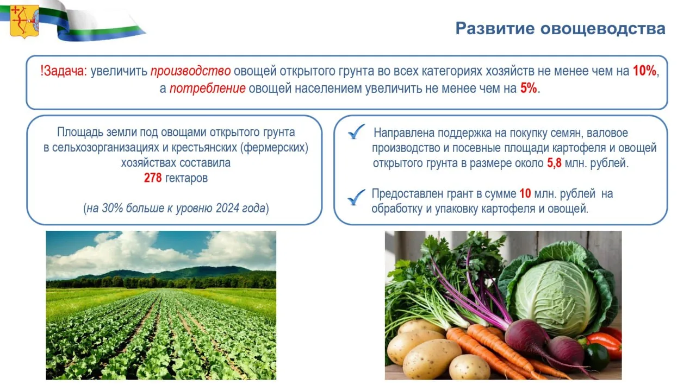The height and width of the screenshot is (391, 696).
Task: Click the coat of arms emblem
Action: (24, 22)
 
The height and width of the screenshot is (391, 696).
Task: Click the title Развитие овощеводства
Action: (560, 29)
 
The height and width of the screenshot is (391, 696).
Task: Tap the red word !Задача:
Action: (64, 71)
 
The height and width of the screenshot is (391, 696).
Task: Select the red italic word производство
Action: (190, 71)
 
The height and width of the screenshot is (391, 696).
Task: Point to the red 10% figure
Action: (644, 71)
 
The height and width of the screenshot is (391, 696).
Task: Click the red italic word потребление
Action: (207, 89)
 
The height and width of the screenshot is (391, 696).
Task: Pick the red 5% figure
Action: (529, 88)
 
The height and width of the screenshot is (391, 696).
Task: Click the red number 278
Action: (153, 178)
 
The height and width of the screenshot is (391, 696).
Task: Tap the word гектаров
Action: (187, 179)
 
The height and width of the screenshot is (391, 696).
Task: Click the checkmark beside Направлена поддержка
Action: (356, 131)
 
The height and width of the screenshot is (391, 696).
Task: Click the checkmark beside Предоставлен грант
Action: (356, 197)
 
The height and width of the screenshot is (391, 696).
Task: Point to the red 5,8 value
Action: (554, 163)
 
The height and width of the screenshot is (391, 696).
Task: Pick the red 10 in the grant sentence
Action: (525, 194)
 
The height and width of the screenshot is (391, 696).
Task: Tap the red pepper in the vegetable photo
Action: (605, 342)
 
